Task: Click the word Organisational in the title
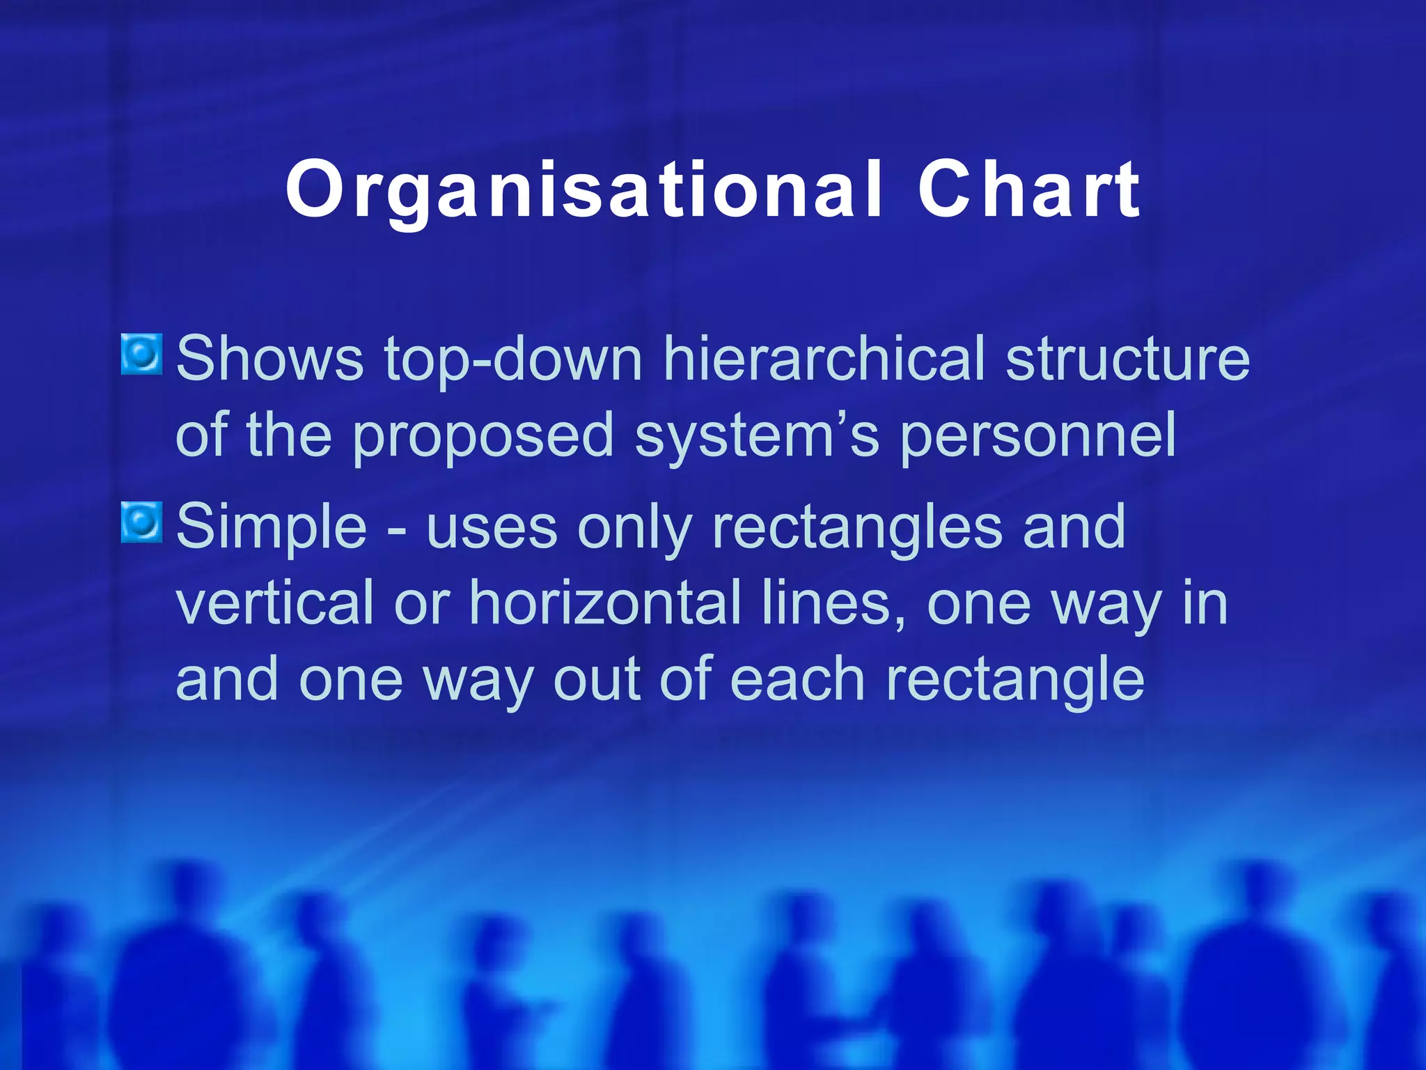tap(584, 190)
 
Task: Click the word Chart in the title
tap(1028, 190)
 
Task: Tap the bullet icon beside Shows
tap(141, 354)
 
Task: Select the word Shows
tap(269, 359)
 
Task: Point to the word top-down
tap(513, 359)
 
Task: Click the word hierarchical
tap(824, 359)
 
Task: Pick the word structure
tap(1128, 359)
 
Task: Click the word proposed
tap(483, 435)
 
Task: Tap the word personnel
tap(1037, 435)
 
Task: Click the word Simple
tap(272, 527)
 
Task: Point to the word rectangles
tap(857, 527)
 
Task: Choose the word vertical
tap(275, 603)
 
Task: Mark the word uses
tap(492, 527)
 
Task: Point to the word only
tap(634, 527)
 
